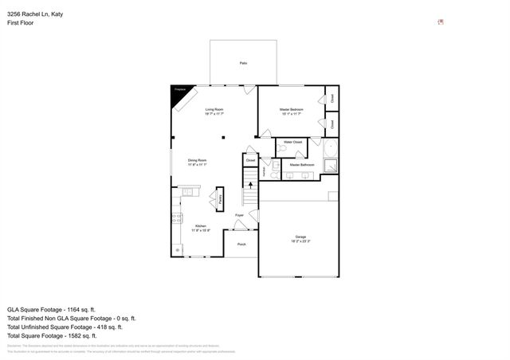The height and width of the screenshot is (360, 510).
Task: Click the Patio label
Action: [x=242, y=62]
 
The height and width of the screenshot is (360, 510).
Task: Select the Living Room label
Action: [x=214, y=109]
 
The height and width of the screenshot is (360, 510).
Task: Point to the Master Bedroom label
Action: [x=291, y=109]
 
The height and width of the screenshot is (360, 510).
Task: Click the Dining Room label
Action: [x=198, y=160]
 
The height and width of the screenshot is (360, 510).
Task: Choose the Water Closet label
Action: [x=292, y=142]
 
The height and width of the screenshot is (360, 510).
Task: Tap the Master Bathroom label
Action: [x=301, y=165]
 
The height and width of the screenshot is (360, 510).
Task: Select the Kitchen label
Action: [x=201, y=226]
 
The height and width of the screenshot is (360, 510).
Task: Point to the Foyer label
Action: [x=239, y=215]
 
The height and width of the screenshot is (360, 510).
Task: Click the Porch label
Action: [x=241, y=244]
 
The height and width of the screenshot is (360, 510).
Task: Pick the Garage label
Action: [x=300, y=237]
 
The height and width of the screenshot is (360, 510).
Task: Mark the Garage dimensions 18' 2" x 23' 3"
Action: [x=300, y=241]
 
